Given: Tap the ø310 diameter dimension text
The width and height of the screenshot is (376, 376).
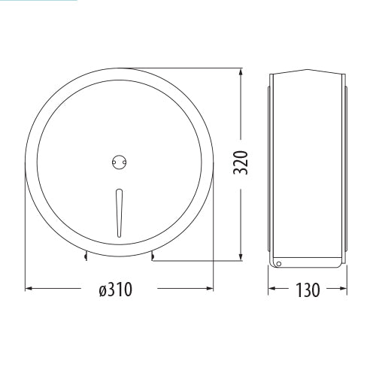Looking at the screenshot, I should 116,290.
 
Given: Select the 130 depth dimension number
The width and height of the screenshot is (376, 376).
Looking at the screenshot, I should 308,290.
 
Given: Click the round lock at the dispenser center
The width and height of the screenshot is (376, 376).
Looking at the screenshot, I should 116,159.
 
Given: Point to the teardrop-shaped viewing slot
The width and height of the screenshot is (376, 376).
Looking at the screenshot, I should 116,212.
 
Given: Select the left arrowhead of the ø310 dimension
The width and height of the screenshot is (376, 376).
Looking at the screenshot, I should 29,288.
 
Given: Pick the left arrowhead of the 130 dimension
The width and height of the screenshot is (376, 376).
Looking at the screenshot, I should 272,288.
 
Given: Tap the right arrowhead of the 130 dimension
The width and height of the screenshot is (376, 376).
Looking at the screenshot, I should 342,288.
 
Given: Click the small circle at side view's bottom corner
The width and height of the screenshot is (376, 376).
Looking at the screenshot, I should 277,263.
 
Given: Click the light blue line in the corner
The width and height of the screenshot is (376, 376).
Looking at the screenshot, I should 38,1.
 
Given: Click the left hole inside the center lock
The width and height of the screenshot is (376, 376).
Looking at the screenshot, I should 113,159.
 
